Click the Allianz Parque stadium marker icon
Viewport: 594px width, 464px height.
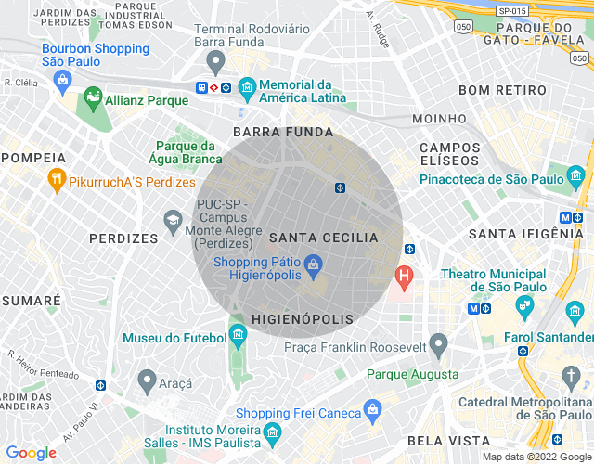pos(93,97)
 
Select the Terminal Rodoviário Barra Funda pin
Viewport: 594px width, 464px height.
pos(216,63)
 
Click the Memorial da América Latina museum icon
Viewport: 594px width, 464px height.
pos(247,90)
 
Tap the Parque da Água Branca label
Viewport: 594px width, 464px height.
pos(186,152)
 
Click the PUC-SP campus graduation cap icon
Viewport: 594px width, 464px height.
pos(173,220)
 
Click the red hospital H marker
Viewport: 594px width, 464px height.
pos(404,276)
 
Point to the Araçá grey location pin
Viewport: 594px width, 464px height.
pos(147,380)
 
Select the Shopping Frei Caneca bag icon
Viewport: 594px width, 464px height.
pos(372,408)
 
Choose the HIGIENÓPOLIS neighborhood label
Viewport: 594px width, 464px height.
pos(303,319)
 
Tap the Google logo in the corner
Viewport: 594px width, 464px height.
pos(31,453)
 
